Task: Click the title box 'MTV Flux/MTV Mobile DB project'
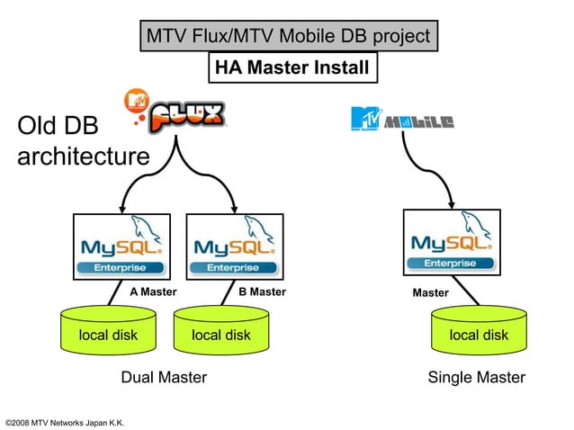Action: click(288, 37)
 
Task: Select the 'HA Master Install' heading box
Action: click(289, 67)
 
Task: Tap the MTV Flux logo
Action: click(176, 113)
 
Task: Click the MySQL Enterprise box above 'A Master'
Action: click(121, 247)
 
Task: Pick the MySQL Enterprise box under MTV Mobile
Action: click(450, 243)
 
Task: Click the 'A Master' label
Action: click(153, 292)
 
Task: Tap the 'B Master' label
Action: click(262, 292)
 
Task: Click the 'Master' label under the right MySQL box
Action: click(430, 293)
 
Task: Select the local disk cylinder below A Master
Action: click(108, 336)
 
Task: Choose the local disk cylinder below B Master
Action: click(221, 336)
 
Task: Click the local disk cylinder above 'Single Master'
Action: click(478, 336)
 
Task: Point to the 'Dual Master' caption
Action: click(164, 378)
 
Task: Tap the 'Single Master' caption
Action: click(477, 378)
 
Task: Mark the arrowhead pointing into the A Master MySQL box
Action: click(121, 207)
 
